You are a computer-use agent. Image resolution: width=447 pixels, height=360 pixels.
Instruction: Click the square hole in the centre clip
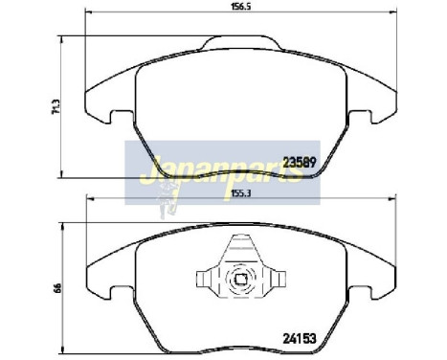[x=243, y=281]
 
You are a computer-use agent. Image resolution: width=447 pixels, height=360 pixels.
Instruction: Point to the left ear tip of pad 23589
[x=89, y=105]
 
